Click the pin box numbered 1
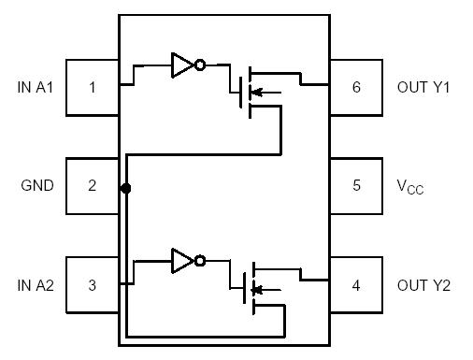pyautogui.click(x=92, y=88)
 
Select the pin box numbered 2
pyautogui.click(x=92, y=185)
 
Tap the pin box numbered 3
pyautogui.click(x=92, y=284)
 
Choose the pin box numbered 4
pyautogui.click(x=356, y=284)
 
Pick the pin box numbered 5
pyautogui.click(x=356, y=185)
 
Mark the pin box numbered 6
pyautogui.click(x=356, y=88)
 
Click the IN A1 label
pyautogui.click(x=36, y=88)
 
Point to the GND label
pyautogui.click(x=37, y=185)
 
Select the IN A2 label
pyautogui.click(x=36, y=284)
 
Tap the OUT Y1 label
pyautogui.click(x=423, y=88)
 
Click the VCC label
pyautogui.click(x=412, y=186)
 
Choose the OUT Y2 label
pyautogui.click(x=423, y=284)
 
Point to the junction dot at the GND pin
pyautogui.click(x=126, y=188)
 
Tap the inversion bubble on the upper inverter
pyautogui.click(x=200, y=65)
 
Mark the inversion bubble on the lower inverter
pyautogui.click(x=200, y=262)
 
